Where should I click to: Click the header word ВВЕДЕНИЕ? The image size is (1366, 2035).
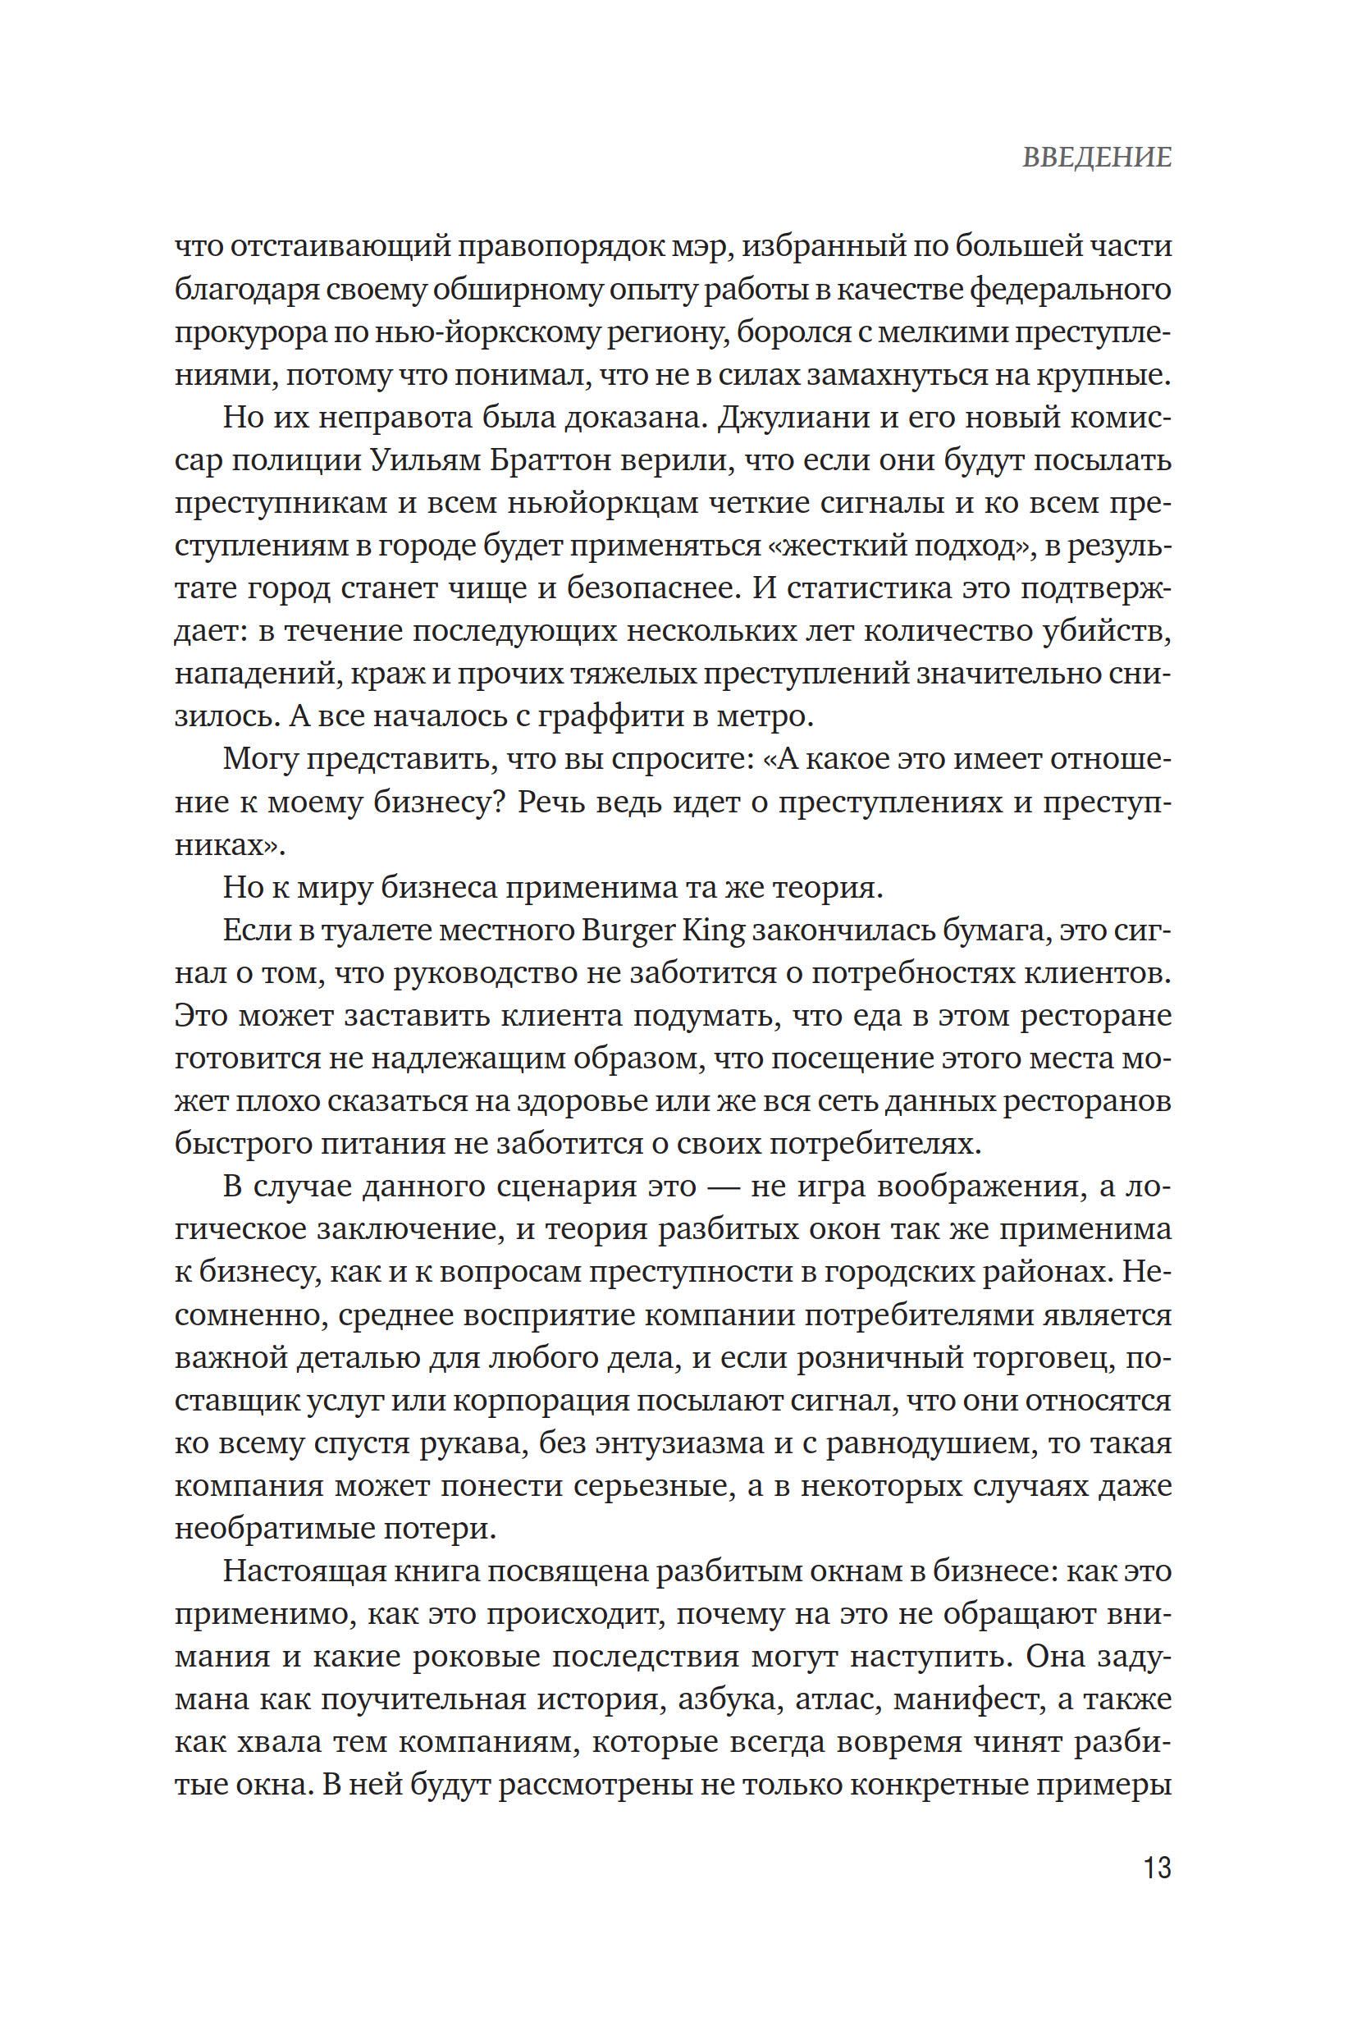pos(1097,158)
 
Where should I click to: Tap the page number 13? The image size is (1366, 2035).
pos(1157,1868)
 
